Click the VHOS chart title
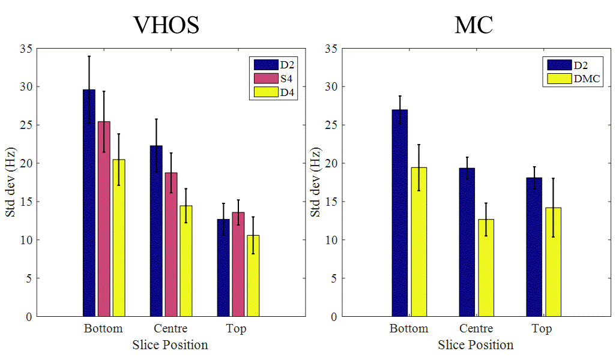[x=166, y=25]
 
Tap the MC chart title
[x=474, y=25]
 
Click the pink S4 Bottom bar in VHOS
[x=104, y=219]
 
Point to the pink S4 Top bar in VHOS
[x=238, y=264]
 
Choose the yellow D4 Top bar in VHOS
[x=253, y=275]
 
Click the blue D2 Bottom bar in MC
[x=400, y=213]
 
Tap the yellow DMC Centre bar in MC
[x=486, y=268]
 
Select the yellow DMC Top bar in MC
[x=553, y=262]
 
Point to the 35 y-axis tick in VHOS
[x=26, y=49]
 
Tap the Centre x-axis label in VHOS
[x=171, y=328]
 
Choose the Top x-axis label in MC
[x=542, y=328]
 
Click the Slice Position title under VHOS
[x=170, y=345]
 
